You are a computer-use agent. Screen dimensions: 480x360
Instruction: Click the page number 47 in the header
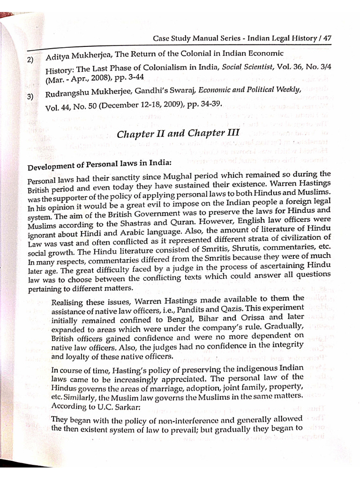point(326,37)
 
